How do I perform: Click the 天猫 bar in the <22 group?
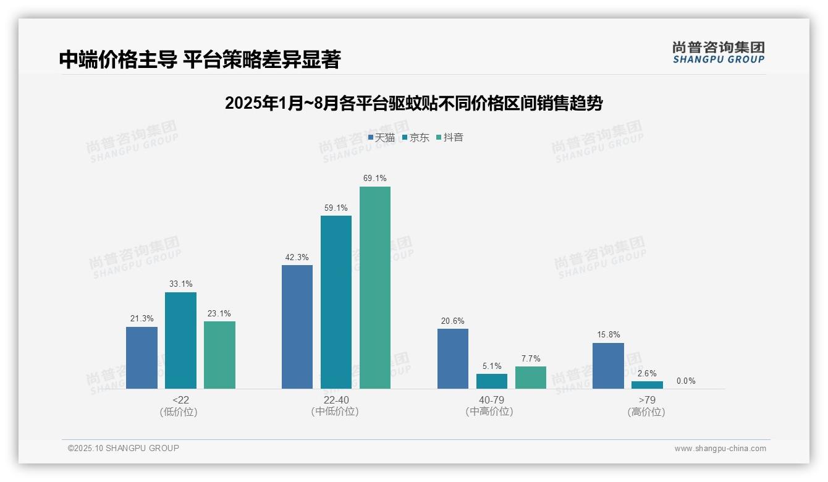point(142,358)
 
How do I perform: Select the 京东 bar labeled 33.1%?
point(180,340)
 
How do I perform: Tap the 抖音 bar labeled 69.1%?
point(375,287)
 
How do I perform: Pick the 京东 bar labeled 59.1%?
point(336,302)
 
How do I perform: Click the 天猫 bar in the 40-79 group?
point(453,358)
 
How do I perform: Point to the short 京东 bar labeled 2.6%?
point(647,385)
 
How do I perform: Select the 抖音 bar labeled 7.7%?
point(531,378)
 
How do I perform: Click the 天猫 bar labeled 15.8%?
point(608,366)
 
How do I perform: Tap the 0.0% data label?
point(686,381)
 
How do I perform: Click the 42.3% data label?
point(297,258)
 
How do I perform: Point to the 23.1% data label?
point(219,314)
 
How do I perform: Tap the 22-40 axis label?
point(336,400)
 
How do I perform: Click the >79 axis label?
point(646,400)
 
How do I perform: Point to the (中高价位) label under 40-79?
point(491,412)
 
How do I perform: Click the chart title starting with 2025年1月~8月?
point(413,103)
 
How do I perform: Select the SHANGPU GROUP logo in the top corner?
point(719,53)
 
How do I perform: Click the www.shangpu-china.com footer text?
point(720,449)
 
